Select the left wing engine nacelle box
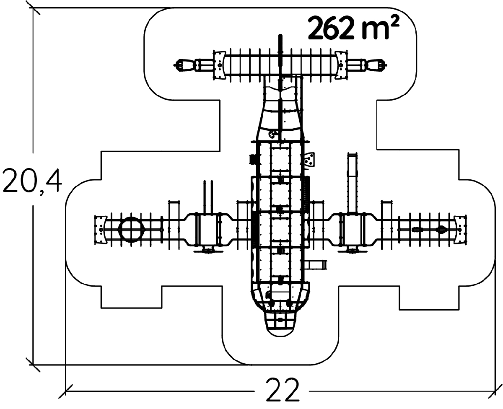(x=207, y=229)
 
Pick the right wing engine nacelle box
(x=354, y=229)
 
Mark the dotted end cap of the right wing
(x=460, y=229)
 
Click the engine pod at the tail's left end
(x=185, y=65)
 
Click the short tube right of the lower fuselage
(x=317, y=264)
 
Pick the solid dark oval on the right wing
(x=441, y=229)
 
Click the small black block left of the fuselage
(x=253, y=159)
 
